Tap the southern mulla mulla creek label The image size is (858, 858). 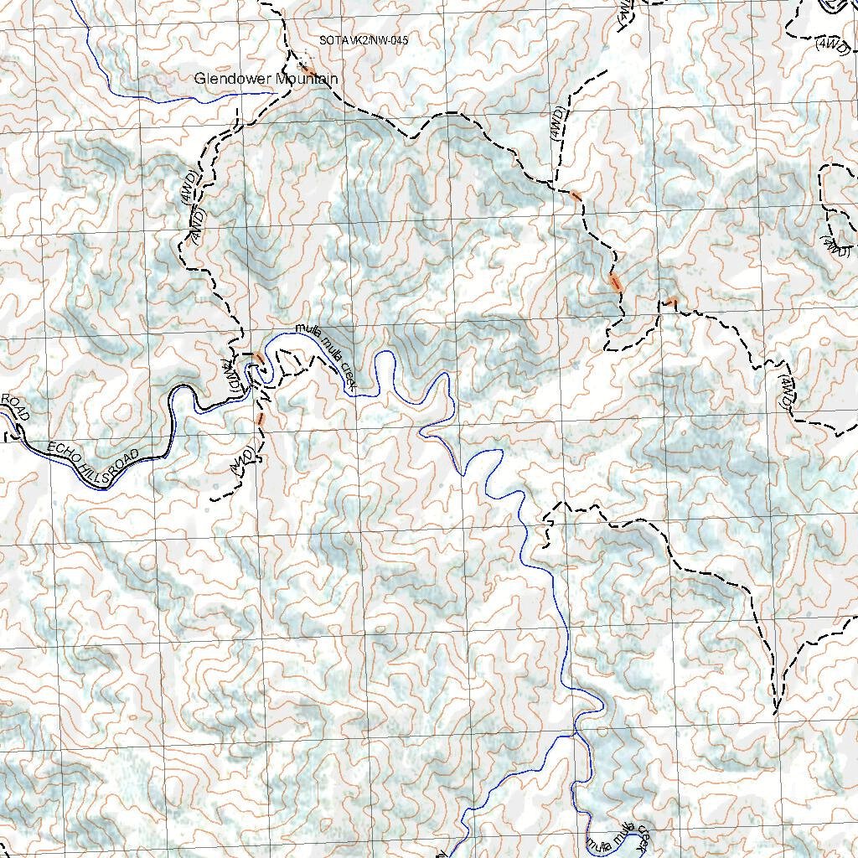pos(618,838)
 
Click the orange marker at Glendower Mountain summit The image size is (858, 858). pos(307,67)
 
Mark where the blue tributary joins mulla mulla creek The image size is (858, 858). pos(575,734)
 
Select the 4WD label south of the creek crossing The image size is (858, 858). pos(242,461)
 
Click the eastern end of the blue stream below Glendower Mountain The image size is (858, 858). pos(273,93)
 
